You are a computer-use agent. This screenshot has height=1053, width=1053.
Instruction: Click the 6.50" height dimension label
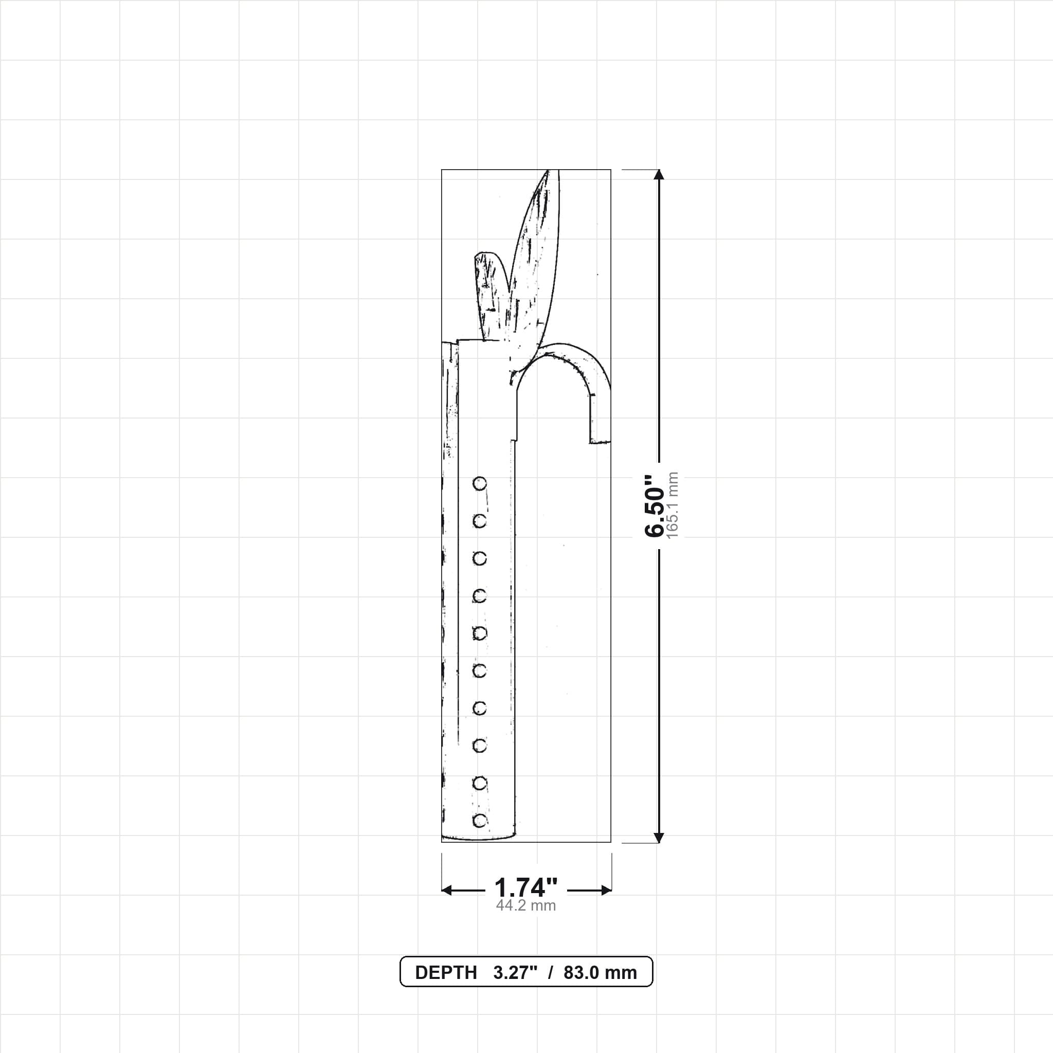pyautogui.click(x=655, y=506)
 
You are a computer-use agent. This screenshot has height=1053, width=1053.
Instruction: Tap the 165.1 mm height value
pyautogui.click(x=673, y=505)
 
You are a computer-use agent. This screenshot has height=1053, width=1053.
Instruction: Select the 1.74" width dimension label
pyautogui.click(x=526, y=888)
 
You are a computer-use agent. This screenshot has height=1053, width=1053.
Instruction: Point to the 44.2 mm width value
pyautogui.click(x=526, y=906)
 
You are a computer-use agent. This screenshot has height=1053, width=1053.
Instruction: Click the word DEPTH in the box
pyautogui.click(x=446, y=973)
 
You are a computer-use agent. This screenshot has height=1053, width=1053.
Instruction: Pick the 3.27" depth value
pyautogui.click(x=516, y=973)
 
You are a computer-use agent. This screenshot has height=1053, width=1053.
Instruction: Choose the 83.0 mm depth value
pyautogui.click(x=600, y=973)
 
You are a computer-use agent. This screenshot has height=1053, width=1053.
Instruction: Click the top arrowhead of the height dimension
pyautogui.click(x=659, y=174)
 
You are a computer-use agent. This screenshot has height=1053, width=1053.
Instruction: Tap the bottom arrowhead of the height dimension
pyautogui.click(x=659, y=838)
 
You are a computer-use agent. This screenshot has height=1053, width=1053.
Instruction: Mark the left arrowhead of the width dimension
pyautogui.click(x=447, y=891)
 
